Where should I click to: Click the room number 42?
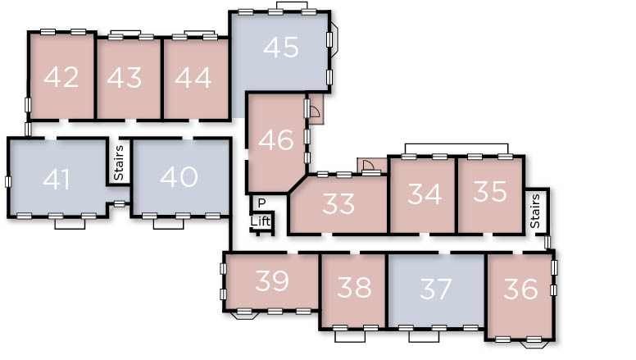pyautogui.click(x=61, y=77)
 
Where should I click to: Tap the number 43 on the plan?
pyautogui.click(x=125, y=77)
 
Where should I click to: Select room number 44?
pyautogui.click(x=193, y=78)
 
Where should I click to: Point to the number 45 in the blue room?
pyautogui.click(x=281, y=47)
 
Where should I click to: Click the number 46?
pyautogui.click(x=276, y=139)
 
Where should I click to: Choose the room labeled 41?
pyautogui.click(x=57, y=180)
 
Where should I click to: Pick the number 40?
pyautogui.click(x=179, y=176)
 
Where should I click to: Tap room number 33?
pyautogui.click(x=338, y=203)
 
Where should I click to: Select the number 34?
pyautogui.click(x=425, y=194)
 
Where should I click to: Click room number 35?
pyautogui.click(x=490, y=192)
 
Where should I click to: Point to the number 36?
pyautogui.click(x=520, y=289)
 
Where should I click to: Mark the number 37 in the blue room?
pyautogui.click(x=436, y=289)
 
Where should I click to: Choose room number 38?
pyautogui.click(x=354, y=287)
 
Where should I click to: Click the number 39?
pyautogui.click(x=272, y=280)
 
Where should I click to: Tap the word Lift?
pyautogui.click(x=260, y=221)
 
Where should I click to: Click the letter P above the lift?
pyautogui.click(x=261, y=203)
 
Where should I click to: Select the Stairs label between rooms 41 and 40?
pyautogui.click(x=119, y=162)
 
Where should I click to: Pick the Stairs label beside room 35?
pyautogui.click(x=535, y=211)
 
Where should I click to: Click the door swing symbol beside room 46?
pyautogui.click(x=314, y=110)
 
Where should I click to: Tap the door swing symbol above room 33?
pyautogui.click(x=368, y=165)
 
